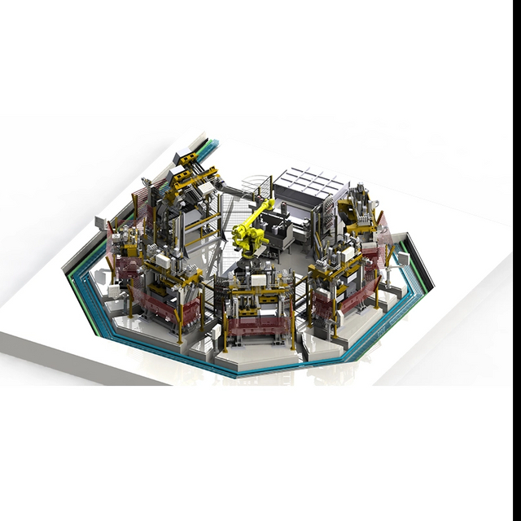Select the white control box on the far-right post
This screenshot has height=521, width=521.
401,259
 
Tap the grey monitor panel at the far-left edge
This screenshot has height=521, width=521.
102,221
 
